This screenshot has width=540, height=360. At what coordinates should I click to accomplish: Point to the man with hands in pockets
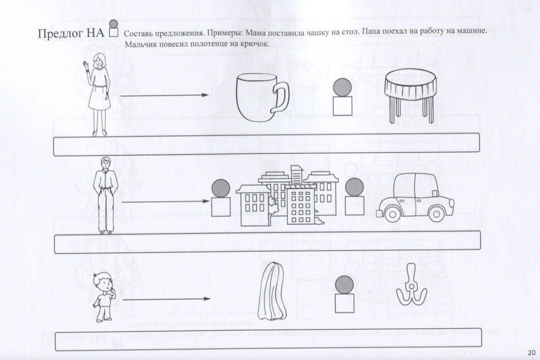(106, 195)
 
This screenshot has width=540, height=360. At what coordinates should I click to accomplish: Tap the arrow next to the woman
(165, 95)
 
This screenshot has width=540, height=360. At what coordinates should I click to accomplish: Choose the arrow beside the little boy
(166, 299)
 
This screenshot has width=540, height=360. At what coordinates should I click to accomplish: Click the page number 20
(531, 352)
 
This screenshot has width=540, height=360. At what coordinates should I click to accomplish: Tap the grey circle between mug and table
(343, 87)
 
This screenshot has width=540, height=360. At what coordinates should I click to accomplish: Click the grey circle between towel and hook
(345, 285)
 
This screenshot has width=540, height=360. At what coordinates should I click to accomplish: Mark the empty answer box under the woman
(267, 144)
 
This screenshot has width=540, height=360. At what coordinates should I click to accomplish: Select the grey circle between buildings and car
(354, 187)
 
